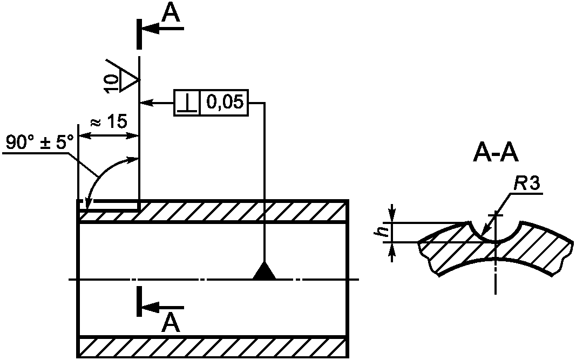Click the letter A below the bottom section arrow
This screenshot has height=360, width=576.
[x=171, y=323]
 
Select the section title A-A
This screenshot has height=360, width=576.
[x=496, y=153]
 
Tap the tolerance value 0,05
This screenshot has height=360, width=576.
[x=225, y=102]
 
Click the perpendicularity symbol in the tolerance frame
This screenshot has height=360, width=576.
[x=187, y=103]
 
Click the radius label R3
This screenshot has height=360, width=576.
[x=526, y=184]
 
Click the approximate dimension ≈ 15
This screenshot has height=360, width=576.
[x=109, y=121]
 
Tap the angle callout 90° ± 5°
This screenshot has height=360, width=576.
[x=39, y=142]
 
